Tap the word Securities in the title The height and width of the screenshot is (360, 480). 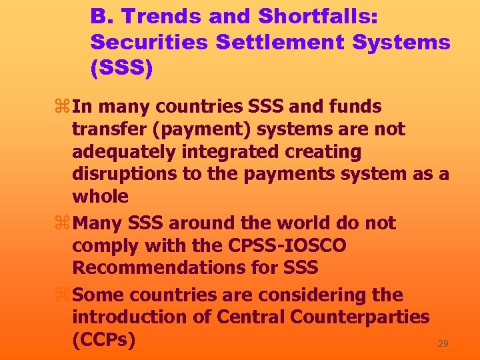[x=150, y=41]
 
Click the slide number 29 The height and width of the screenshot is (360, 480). [x=443, y=343]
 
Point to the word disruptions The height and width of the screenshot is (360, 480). [x=120, y=174]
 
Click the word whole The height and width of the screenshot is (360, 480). [x=100, y=197]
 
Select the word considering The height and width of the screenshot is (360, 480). [x=304, y=295]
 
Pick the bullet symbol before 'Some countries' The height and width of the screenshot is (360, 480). [x=63, y=295]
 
